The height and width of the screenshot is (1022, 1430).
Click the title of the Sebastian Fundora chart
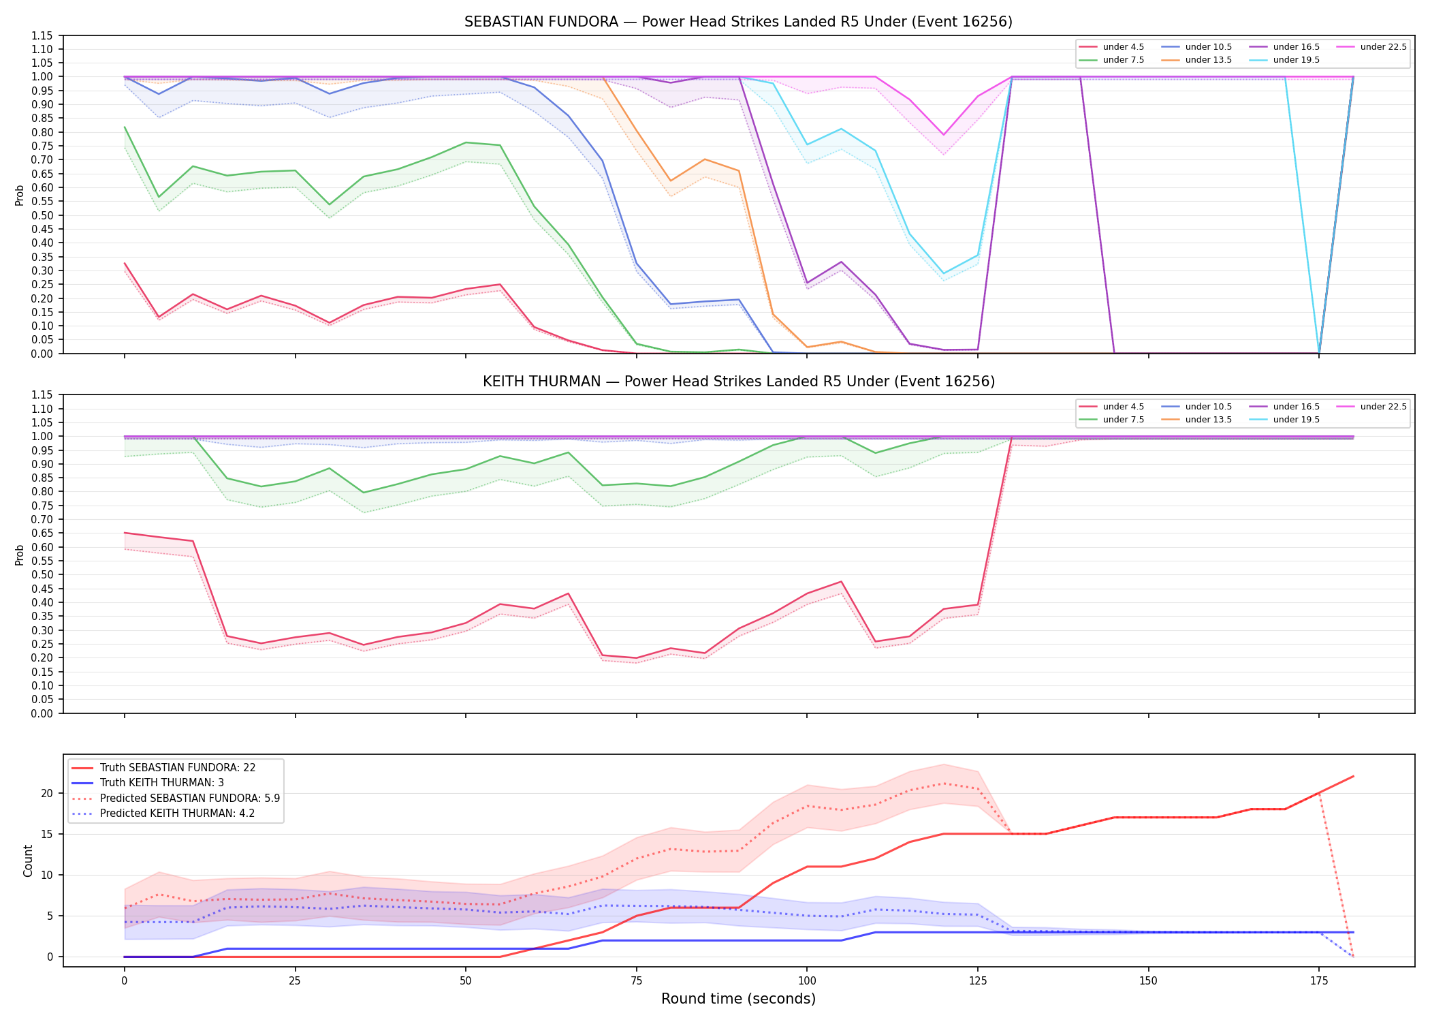[x=738, y=22]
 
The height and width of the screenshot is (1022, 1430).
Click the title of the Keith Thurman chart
[x=739, y=382]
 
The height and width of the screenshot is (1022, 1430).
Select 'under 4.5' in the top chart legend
[x=1123, y=47]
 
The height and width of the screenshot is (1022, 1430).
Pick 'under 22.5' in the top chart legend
[x=1383, y=47]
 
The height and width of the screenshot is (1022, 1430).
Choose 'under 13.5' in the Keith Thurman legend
[x=1208, y=420]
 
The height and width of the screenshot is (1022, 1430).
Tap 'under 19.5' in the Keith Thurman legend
[x=1296, y=420]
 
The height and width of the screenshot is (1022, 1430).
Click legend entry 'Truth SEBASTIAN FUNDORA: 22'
[x=177, y=767]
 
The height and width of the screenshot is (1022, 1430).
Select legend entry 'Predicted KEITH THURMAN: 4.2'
[x=177, y=813]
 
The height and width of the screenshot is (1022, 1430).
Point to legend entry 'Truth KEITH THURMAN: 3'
[x=161, y=783]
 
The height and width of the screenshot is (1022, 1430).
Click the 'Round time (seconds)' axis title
[x=738, y=999]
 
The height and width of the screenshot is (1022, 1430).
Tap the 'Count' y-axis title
[x=28, y=861]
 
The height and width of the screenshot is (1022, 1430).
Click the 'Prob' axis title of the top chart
[x=20, y=195]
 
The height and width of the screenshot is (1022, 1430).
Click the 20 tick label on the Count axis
[x=47, y=793]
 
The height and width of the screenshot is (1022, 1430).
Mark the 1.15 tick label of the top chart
[x=42, y=35]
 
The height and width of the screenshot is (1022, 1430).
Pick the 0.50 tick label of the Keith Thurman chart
[x=42, y=574]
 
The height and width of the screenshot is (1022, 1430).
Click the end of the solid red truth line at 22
[x=1353, y=777]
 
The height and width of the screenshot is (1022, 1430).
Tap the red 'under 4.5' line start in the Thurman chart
[x=125, y=533]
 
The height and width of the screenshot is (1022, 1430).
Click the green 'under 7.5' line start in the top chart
[x=125, y=127]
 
